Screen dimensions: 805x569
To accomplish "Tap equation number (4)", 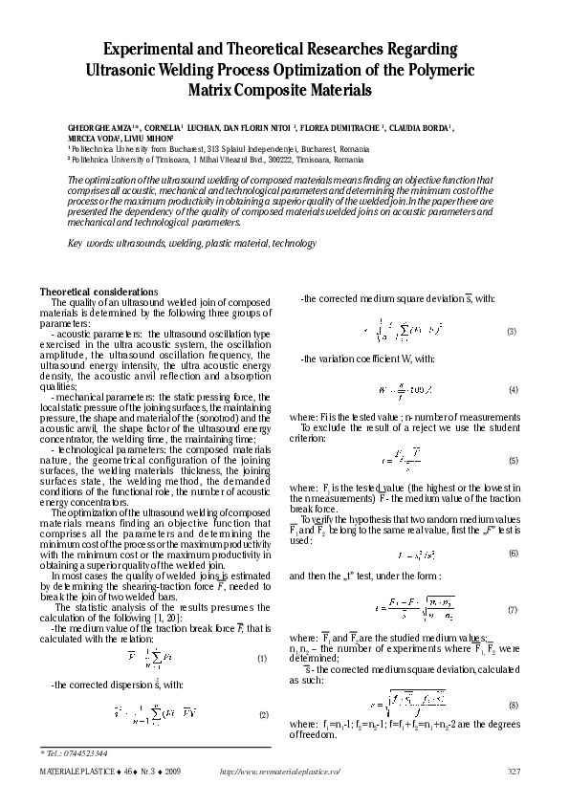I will coord(513,391).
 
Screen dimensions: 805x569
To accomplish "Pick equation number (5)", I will coord(513,460).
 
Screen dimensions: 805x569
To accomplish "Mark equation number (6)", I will coord(513,554).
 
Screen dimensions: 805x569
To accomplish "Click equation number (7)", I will coord(513,609).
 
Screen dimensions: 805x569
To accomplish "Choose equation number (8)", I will coord(513,705).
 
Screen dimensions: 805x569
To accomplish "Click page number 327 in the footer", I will coord(513,772).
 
